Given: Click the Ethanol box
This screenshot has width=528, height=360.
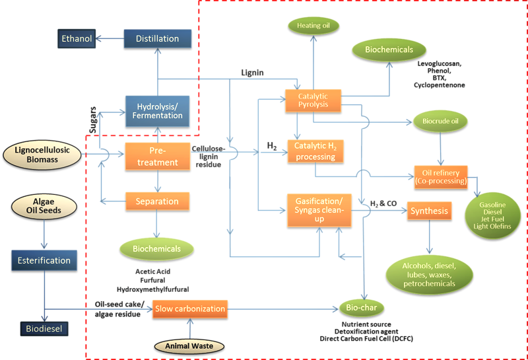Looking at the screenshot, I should pyautogui.click(x=77, y=39).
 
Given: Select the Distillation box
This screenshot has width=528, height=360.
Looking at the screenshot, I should pyautogui.click(x=157, y=39).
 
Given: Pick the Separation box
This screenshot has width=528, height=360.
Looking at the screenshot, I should pyautogui.click(x=157, y=201).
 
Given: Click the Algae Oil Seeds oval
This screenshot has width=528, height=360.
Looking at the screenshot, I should pyautogui.click(x=43, y=205).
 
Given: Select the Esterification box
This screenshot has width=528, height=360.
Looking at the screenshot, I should pyautogui.click(x=44, y=260).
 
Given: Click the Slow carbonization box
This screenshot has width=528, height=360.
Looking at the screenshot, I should pyautogui.click(x=190, y=308).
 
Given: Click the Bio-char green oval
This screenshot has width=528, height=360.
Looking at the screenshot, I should pyautogui.click(x=362, y=308).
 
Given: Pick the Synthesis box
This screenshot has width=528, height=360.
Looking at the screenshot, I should pyautogui.click(x=429, y=212).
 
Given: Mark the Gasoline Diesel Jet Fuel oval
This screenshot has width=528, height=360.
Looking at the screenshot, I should pyautogui.click(x=495, y=215).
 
